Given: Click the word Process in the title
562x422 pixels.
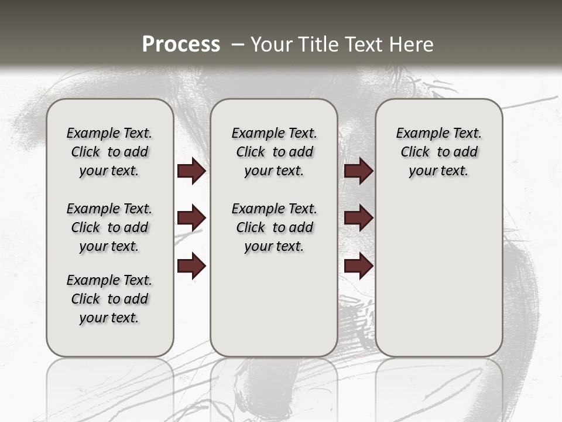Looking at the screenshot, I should [x=181, y=45].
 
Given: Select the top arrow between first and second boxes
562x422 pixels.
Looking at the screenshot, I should [x=191, y=171].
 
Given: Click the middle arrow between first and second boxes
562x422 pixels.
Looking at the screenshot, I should [x=191, y=218].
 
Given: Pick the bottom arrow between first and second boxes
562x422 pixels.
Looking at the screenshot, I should [x=191, y=266].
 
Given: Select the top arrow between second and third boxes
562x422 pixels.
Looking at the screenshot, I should [x=358, y=171].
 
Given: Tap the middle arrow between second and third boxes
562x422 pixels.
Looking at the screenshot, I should [x=358, y=218].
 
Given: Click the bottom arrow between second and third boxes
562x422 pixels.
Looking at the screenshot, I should [x=358, y=266].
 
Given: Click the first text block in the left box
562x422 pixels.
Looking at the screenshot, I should [x=109, y=152].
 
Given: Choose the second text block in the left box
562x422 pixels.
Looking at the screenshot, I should [x=109, y=227].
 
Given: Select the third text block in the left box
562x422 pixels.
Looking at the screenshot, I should [x=109, y=299].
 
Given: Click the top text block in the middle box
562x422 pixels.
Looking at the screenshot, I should [x=274, y=152].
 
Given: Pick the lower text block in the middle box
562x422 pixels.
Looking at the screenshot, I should [x=274, y=227].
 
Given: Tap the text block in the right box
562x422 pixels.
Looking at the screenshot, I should [x=438, y=152].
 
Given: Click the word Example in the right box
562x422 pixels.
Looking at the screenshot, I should [x=417, y=134].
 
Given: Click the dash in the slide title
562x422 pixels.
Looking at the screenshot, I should [x=238, y=45].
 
